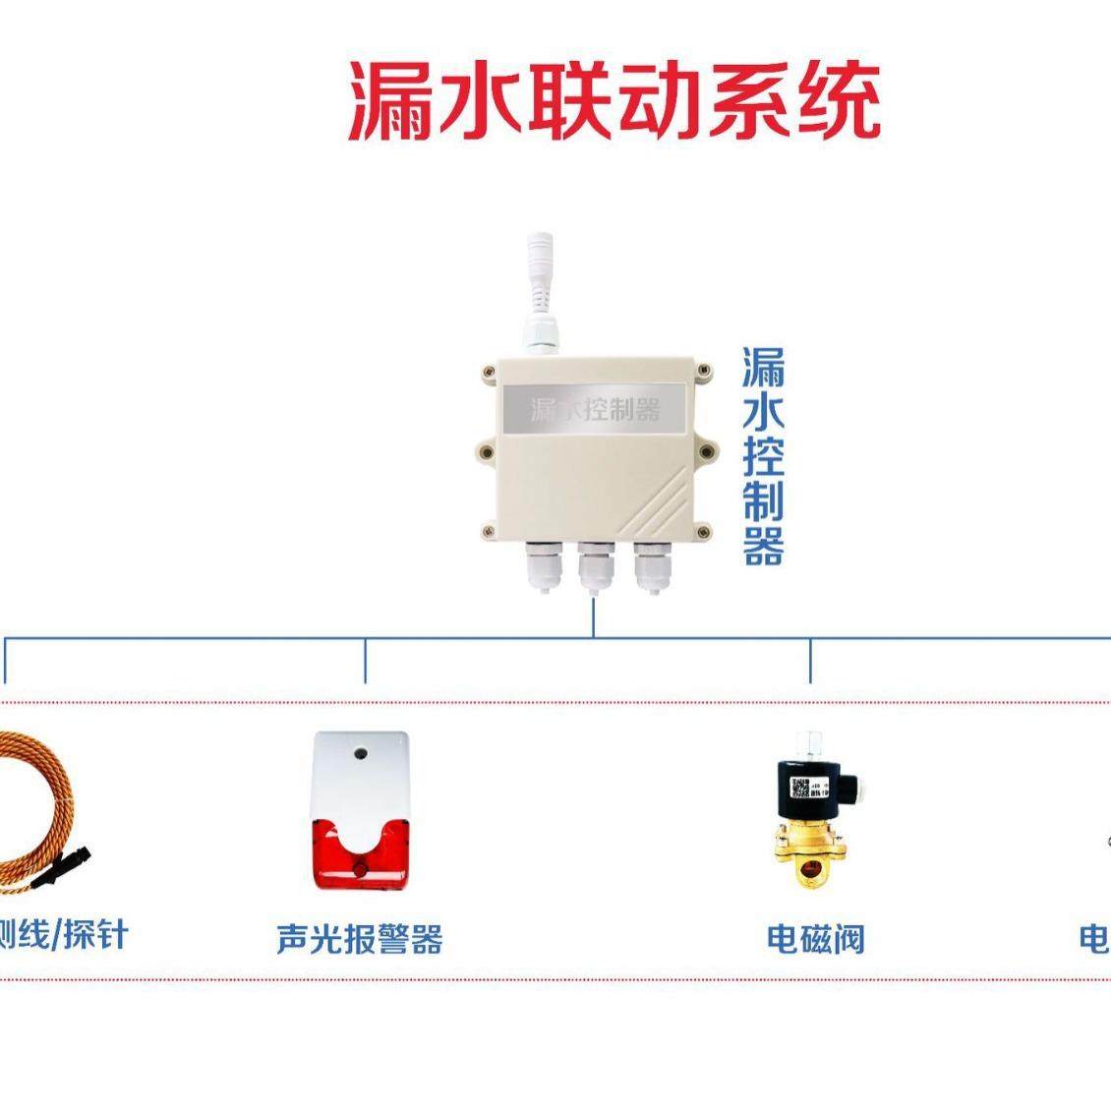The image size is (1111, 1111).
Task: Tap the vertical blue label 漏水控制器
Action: (763, 456)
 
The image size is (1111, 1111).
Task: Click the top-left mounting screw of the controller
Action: (489, 372)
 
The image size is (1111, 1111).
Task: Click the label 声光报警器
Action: (360, 938)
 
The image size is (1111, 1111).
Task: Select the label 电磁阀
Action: (815, 938)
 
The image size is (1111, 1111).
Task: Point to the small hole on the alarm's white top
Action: (361, 756)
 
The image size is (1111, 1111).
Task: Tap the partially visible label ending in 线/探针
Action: (63, 935)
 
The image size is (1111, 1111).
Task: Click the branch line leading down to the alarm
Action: (366, 660)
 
